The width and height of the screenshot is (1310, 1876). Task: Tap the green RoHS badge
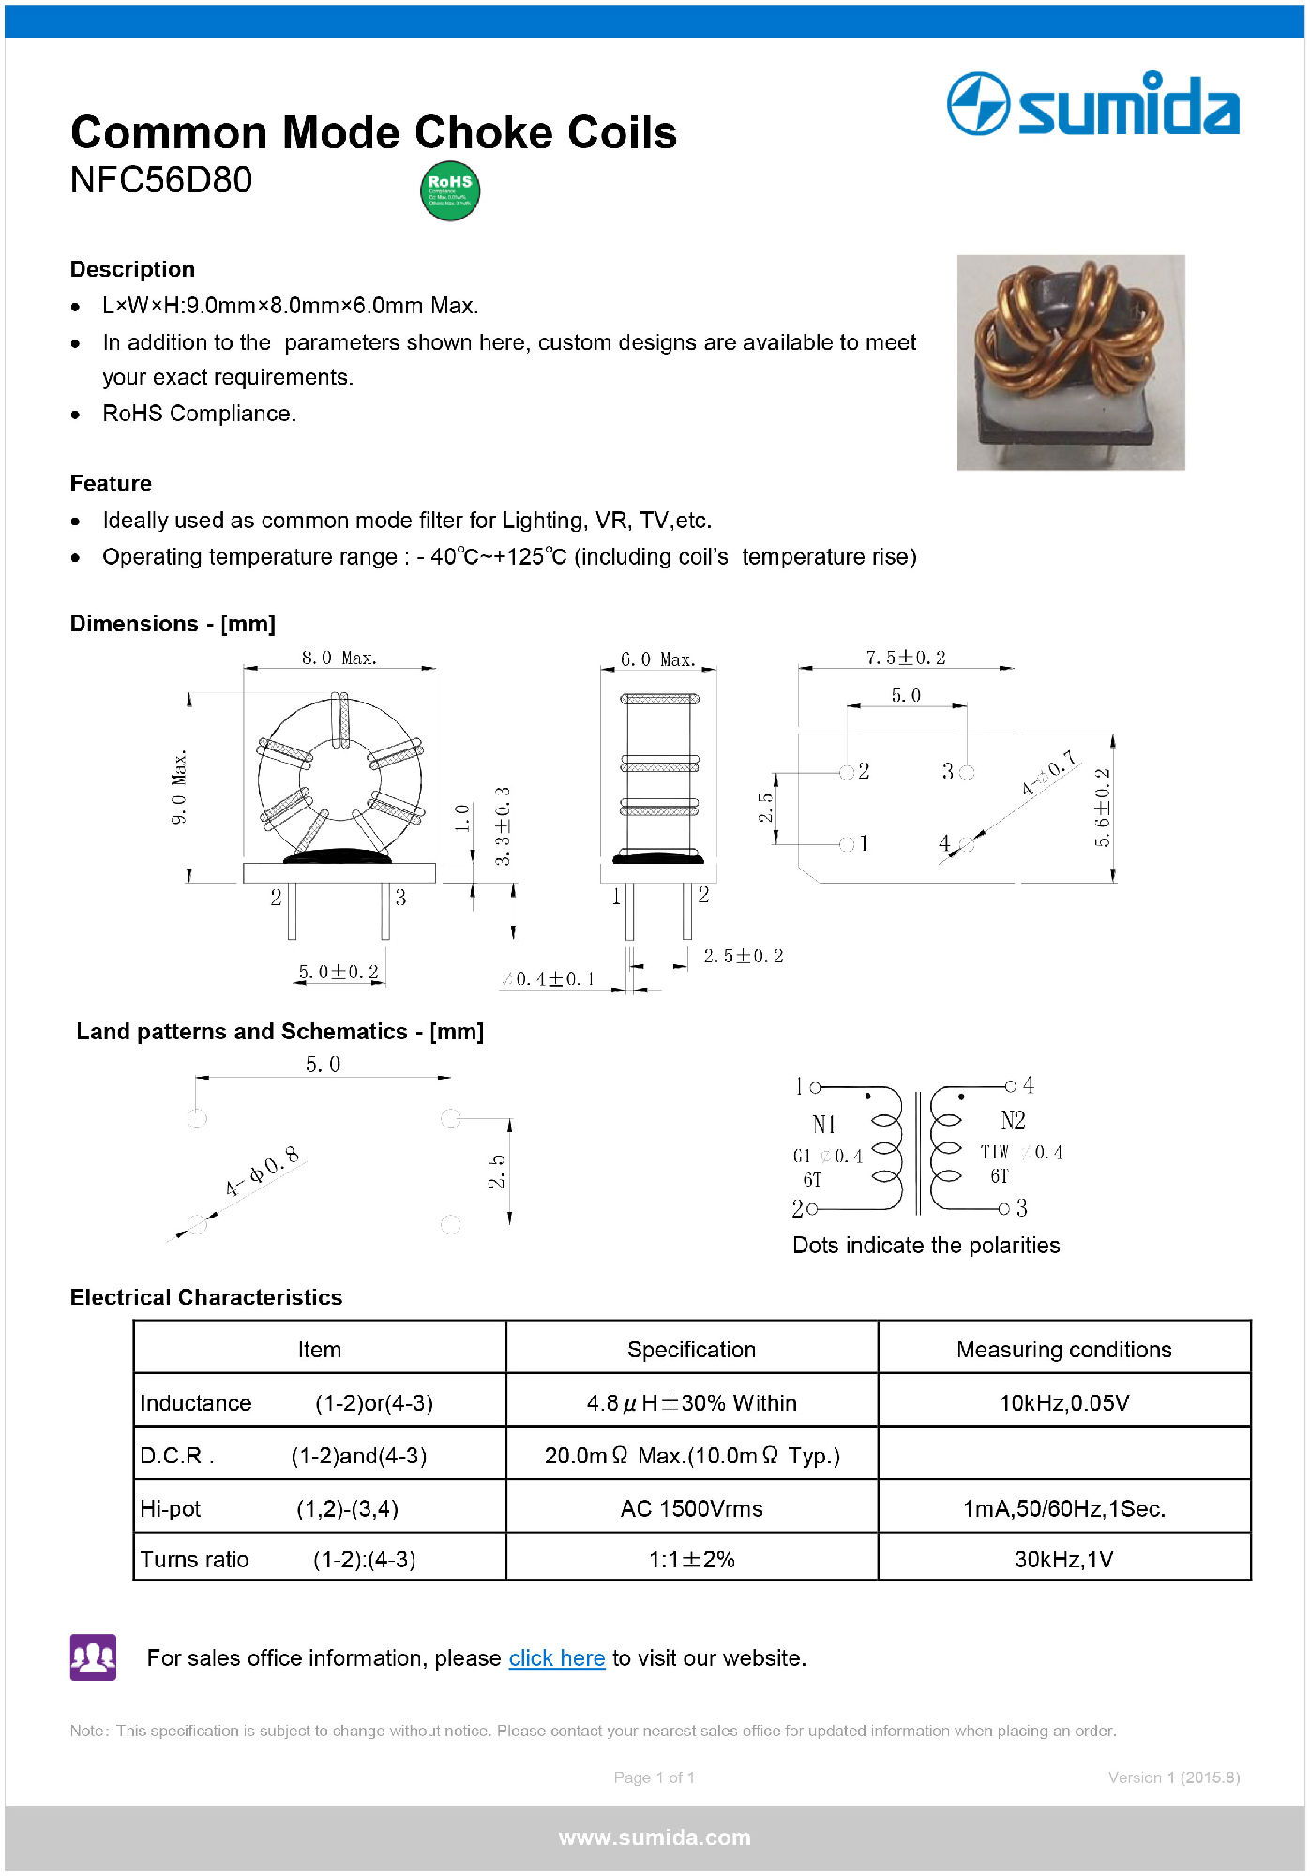point(450,191)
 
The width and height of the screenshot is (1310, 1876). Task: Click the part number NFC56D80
point(161,180)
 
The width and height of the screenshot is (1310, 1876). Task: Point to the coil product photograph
point(1070,362)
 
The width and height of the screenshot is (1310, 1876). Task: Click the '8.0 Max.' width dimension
point(339,658)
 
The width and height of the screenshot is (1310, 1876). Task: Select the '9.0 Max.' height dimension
point(179,786)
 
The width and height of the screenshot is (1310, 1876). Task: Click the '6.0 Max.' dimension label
point(657,659)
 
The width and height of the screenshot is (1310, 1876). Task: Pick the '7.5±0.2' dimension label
point(905,658)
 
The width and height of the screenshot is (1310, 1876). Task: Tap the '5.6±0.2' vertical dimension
point(1102,807)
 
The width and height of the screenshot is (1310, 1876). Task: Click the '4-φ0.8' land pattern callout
point(263,1171)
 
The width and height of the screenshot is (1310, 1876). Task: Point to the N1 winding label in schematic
point(824,1124)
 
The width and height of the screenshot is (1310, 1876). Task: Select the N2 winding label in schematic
point(1013,1120)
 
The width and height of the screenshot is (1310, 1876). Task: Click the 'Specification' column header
point(691,1349)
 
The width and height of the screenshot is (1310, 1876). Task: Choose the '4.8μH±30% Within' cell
point(691,1402)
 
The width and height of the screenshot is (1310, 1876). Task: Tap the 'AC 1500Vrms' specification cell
point(691,1508)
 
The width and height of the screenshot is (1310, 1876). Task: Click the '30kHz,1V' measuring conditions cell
point(1063,1559)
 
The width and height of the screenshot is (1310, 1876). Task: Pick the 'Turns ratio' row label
point(194,1559)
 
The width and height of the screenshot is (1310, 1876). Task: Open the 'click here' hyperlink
point(556,1658)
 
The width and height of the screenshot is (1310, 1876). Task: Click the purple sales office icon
point(93,1657)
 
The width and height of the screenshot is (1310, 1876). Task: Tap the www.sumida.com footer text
point(655,1838)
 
